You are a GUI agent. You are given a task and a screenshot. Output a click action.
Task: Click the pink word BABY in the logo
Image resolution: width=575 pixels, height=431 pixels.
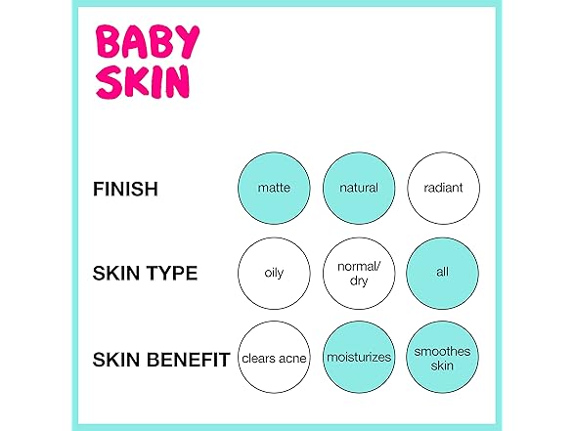point(148,41)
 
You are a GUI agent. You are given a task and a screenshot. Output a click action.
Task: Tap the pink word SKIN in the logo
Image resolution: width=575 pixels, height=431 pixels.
point(143,82)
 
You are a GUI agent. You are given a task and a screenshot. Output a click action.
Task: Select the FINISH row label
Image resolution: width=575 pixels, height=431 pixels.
point(125,190)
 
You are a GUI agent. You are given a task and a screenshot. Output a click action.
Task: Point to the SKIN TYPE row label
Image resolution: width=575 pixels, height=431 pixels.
point(145,274)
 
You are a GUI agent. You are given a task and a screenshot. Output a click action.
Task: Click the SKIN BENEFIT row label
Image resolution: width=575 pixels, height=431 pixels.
point(161,360)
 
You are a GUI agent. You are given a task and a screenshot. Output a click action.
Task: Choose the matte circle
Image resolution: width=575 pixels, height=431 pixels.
point(274,188)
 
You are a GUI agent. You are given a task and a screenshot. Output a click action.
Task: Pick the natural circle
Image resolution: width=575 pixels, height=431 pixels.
point(359,188)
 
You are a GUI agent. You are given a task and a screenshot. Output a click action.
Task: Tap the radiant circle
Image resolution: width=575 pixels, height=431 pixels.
point(443,188)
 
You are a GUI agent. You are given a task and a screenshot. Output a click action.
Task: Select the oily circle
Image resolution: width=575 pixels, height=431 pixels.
point(274,274)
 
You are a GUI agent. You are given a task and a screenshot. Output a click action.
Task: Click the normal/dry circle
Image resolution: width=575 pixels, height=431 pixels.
point(359,274)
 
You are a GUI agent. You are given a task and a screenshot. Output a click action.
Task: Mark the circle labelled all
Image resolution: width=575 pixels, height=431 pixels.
point(443,274)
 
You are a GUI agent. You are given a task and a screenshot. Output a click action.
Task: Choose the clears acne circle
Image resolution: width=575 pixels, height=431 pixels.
point(274,358)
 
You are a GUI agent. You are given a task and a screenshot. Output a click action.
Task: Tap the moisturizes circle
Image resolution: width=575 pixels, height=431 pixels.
point(359,358)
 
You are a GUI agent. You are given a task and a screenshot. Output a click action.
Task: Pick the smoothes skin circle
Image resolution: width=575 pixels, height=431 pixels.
point(443,358)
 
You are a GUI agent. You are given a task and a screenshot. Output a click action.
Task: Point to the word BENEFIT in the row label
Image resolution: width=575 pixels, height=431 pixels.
point(189,360)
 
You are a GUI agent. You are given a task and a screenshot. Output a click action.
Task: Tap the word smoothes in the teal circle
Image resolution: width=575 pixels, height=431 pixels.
point(442,351)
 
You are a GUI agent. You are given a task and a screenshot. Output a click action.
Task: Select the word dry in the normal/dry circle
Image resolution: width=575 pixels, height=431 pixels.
point(359,281)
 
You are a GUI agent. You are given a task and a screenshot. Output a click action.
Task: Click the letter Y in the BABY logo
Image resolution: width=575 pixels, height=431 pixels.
point(188,41)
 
